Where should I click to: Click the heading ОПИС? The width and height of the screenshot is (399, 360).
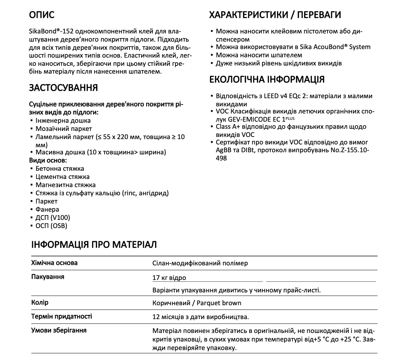(x=42, y=15)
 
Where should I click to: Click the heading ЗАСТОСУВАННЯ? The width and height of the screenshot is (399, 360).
(x=63, y=88)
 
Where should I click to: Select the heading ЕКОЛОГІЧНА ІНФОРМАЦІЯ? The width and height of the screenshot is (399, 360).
(x=267, y=79)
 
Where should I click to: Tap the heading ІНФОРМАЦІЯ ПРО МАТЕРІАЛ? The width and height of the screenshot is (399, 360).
(x=94, y=245)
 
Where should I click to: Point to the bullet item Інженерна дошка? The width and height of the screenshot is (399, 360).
(x=63, y=121)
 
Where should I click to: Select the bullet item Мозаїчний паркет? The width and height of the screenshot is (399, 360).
(x=64, y=129)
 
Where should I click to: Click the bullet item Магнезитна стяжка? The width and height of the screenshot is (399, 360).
(x=65, y=185)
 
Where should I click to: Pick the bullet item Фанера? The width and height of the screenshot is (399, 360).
(x=47, y=210)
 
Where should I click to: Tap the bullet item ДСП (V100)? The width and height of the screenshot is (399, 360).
(x=53, y=218)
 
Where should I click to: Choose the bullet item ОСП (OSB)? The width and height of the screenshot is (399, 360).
(x=51, y=226)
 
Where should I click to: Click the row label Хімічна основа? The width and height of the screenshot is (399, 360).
(x=54, y=263)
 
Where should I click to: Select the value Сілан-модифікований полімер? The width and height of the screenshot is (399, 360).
(x=200, y=263)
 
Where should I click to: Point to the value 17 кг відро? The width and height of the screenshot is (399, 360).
(x=169, y=278)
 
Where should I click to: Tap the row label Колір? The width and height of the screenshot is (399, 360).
(x=40, y=302)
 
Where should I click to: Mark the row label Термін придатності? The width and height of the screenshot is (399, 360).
(x=62, y=316)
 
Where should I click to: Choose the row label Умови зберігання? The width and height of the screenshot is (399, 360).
(x=59, y=330)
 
